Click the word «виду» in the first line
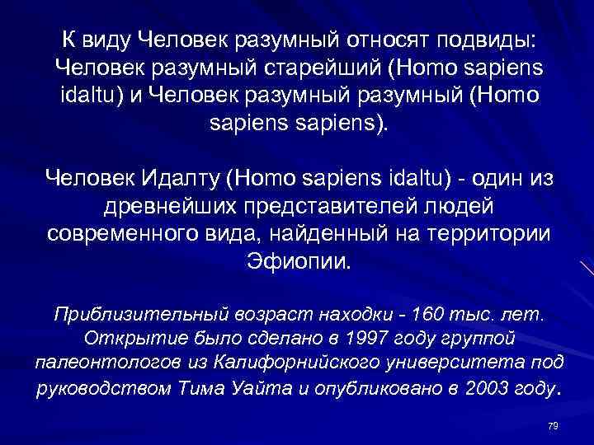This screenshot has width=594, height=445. tap(106, 40)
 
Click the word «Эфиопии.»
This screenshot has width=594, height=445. tap(299, 260)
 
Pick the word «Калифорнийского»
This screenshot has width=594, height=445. tap(280, 363)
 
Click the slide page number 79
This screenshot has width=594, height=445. tap(553, 424)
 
